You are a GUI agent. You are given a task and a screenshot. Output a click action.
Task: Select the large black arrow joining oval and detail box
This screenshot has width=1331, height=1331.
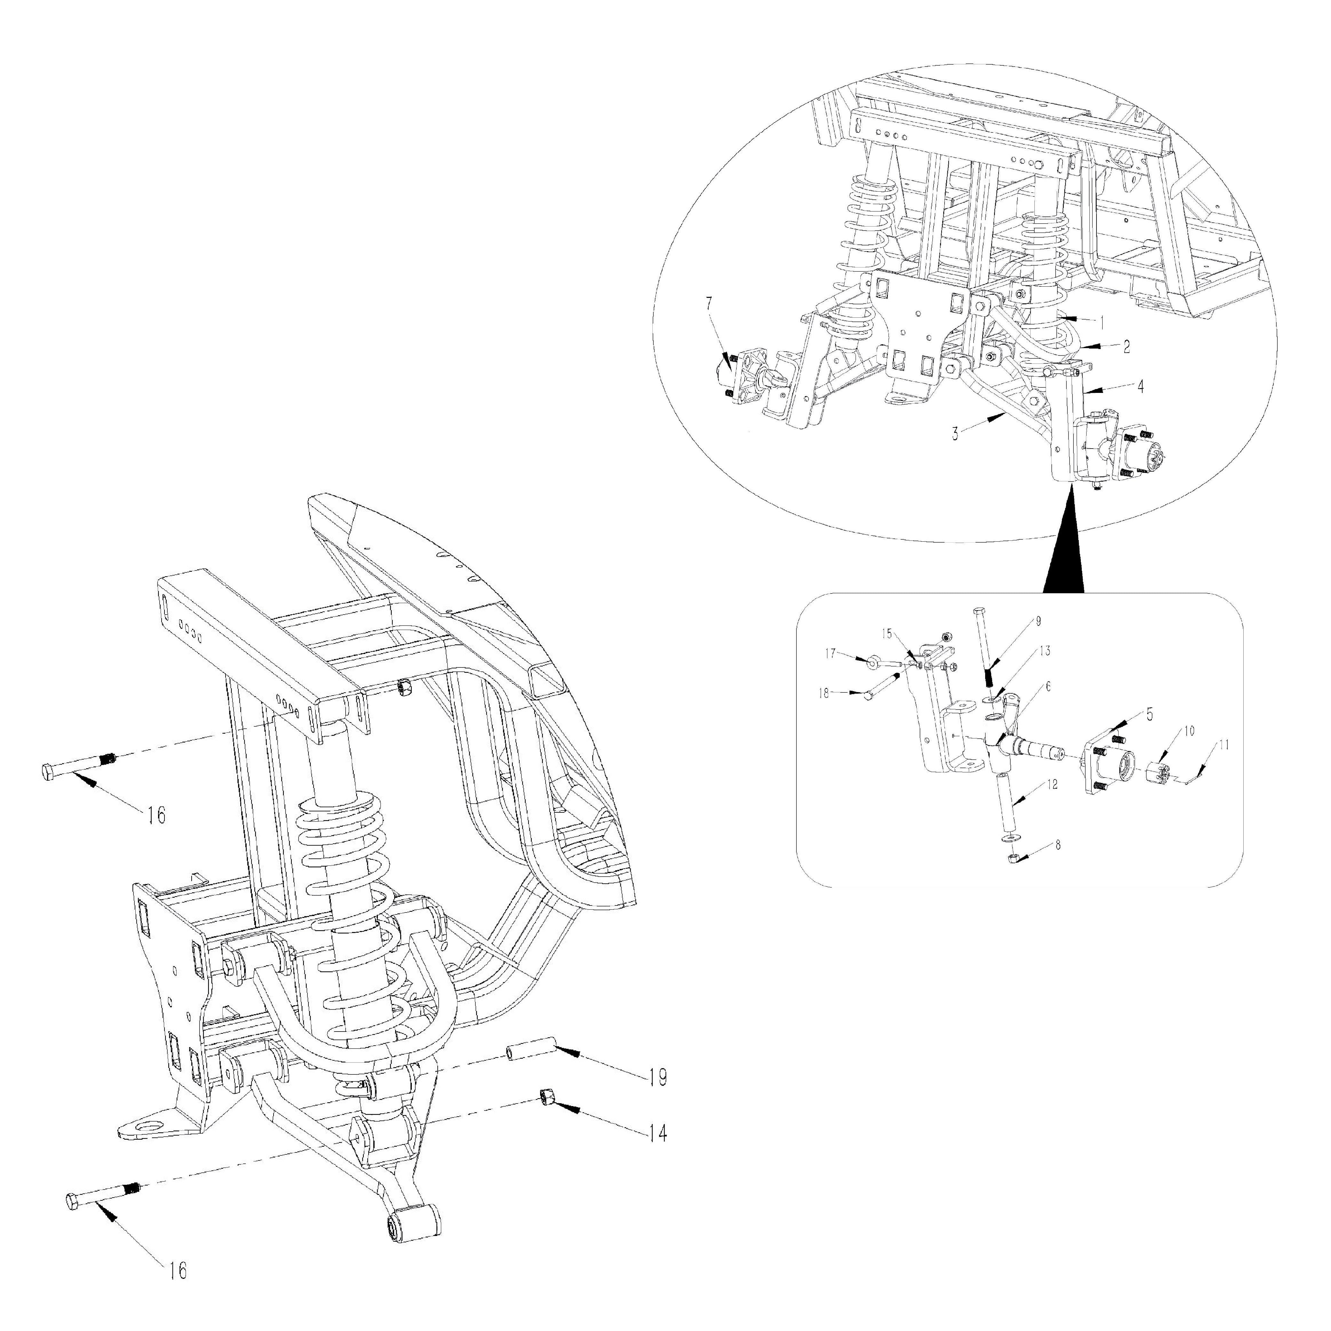pos(1064,551)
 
